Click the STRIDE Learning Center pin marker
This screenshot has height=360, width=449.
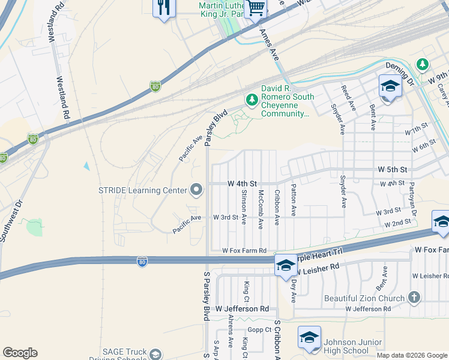point(196,191)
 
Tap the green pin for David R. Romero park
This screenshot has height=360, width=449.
point(251,98)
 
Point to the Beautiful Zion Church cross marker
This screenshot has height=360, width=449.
point(414,298)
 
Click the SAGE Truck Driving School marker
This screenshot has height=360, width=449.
point(155,355)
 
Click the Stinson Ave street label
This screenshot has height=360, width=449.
point(244,208)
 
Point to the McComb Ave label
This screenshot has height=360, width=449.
point(261,209)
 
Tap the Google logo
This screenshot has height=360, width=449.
point(20,353)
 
